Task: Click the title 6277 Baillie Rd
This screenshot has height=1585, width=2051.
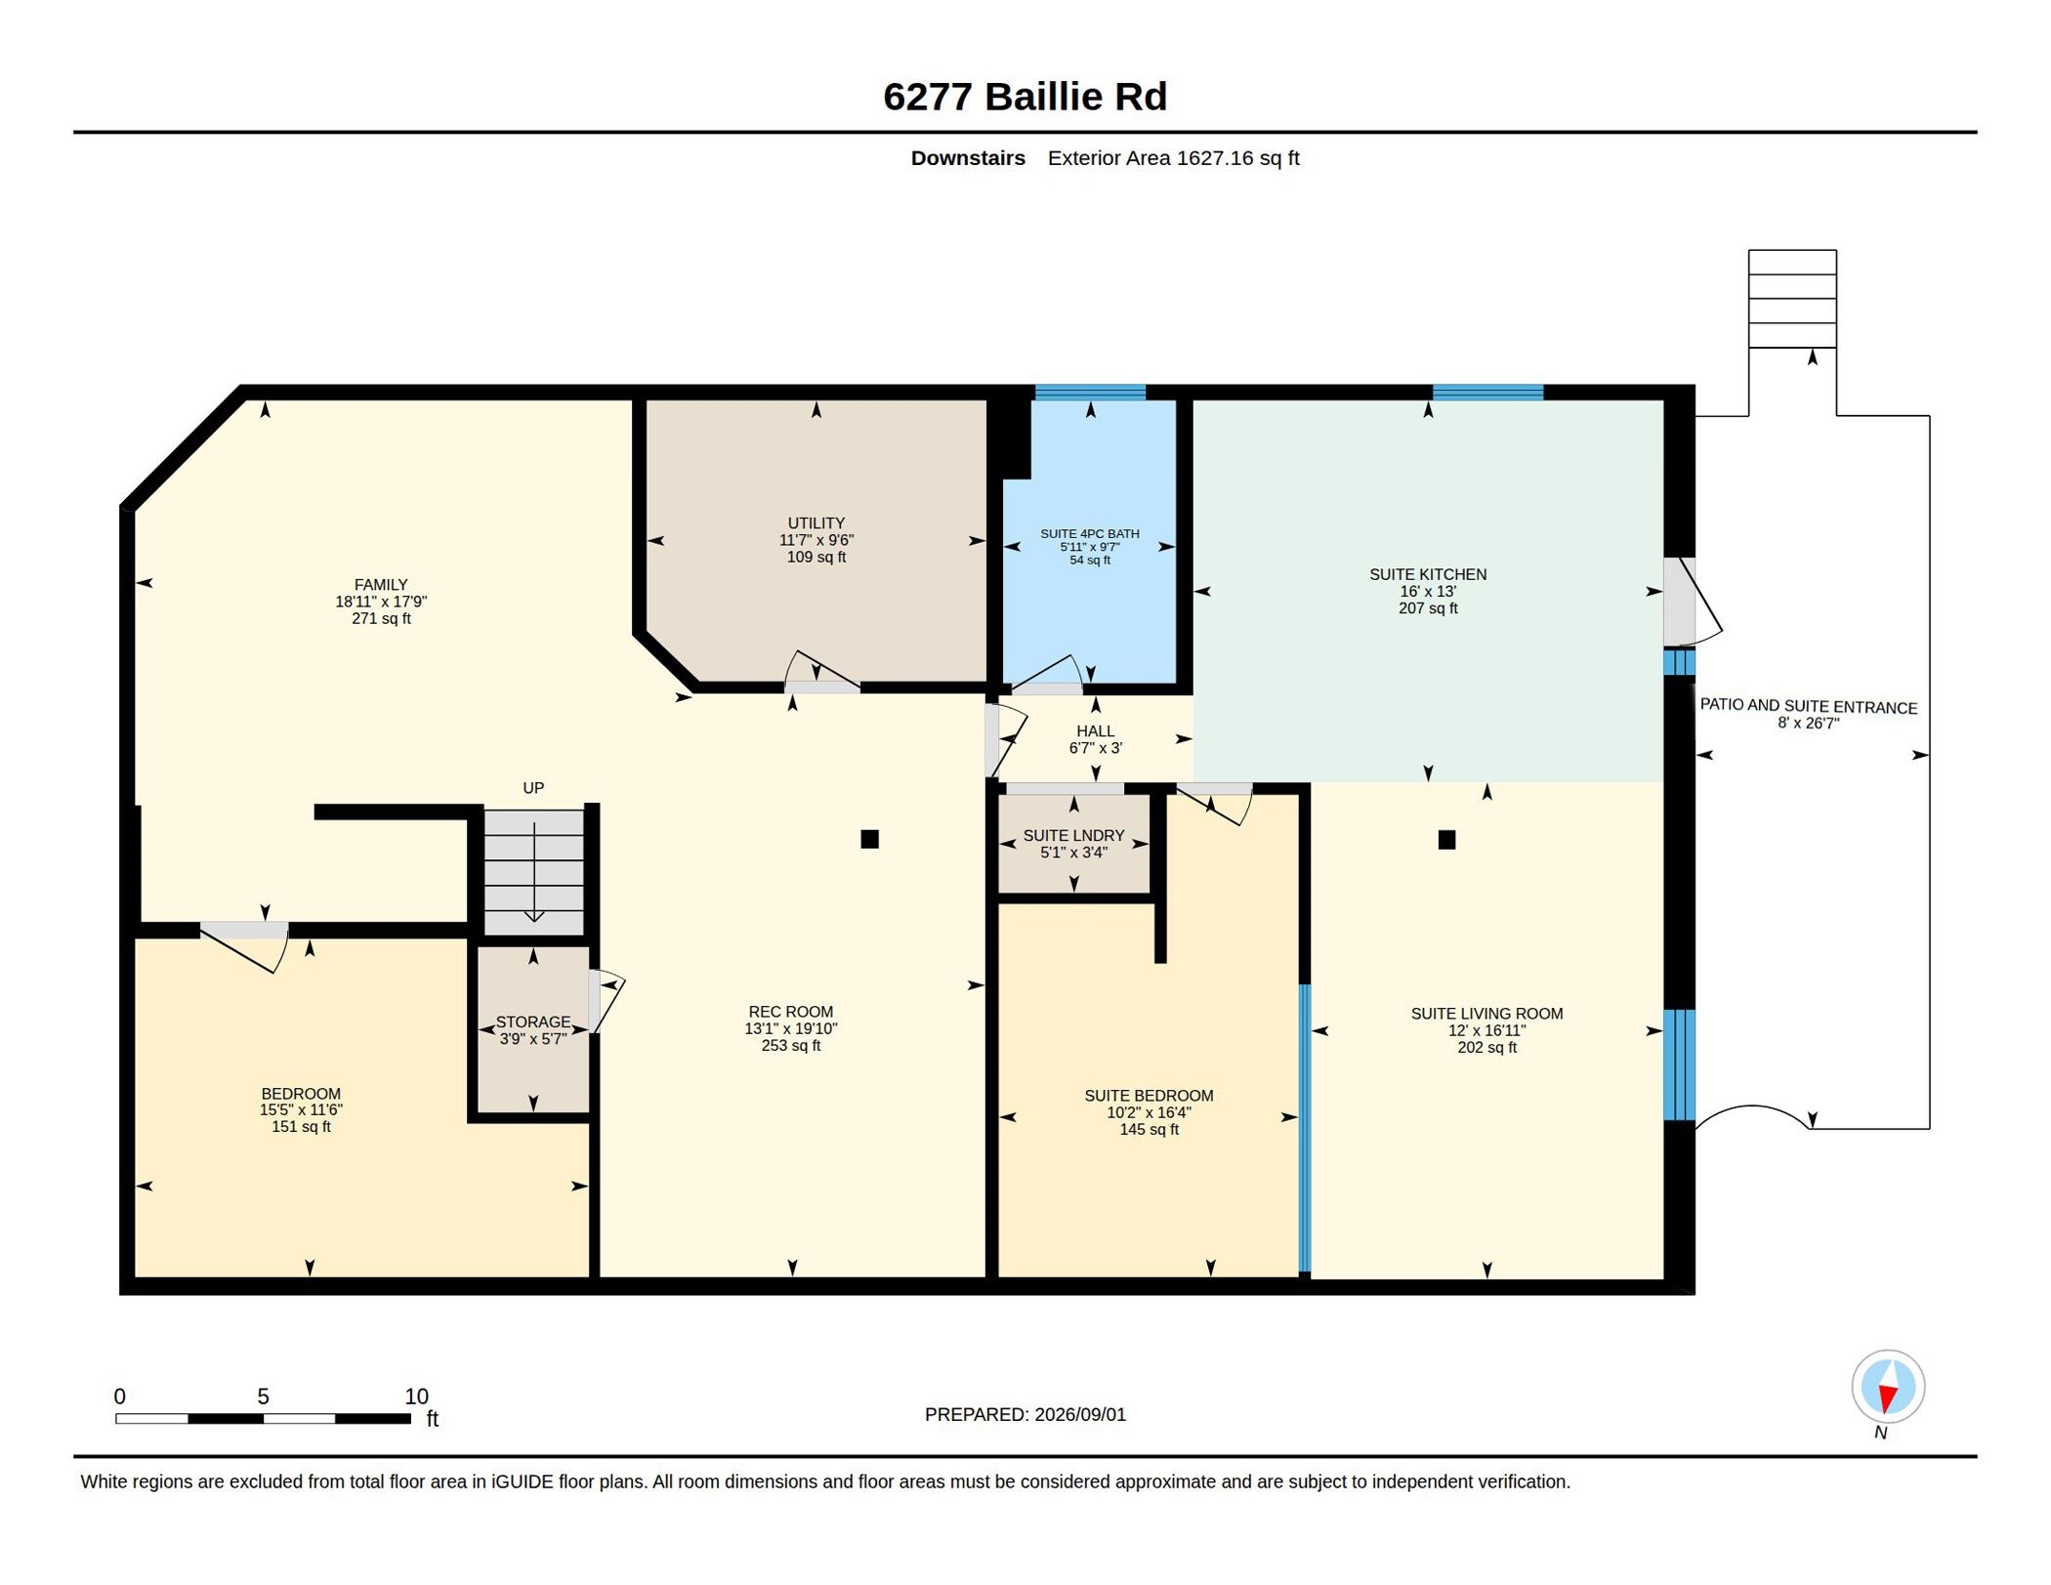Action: point(1025,97)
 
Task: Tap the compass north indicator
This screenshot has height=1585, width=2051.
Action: point(1887,1387)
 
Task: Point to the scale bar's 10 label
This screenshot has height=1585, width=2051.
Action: point(416,1397)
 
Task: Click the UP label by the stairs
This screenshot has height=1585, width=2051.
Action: point(533,788)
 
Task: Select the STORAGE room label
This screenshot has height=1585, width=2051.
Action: point(533,1022)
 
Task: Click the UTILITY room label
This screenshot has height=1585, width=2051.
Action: point(816,523)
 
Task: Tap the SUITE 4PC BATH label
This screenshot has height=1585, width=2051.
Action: point(1090,534)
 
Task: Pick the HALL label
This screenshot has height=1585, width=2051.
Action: point(1096,731)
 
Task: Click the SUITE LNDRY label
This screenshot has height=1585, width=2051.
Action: point(1074,836)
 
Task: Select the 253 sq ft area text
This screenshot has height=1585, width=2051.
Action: point(791,1046)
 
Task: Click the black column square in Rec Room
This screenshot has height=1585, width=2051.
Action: point(869,839)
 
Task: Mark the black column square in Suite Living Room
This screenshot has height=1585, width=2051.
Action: point(1446,840)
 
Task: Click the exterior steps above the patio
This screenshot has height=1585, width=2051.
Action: point(1792,299)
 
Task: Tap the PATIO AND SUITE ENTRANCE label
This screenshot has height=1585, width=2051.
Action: point(1809,707)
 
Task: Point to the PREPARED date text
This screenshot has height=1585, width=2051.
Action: point(1025,1415)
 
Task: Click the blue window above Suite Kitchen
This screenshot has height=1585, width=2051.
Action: point(1487,393)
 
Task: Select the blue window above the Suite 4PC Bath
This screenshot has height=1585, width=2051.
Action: point(1090,393)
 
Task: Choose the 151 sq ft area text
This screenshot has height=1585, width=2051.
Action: point(301,1127)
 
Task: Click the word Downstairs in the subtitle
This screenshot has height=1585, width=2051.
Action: point(968,158)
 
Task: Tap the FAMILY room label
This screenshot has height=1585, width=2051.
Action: point(381,585)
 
